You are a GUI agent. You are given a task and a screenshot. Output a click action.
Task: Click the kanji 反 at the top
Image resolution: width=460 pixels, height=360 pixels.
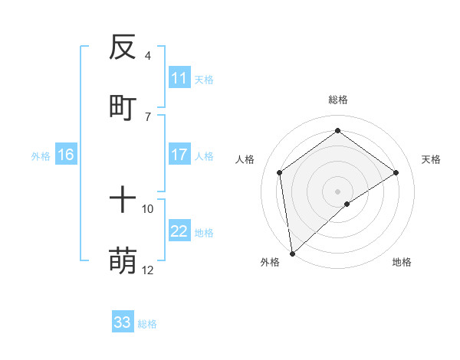[x=123, y=49]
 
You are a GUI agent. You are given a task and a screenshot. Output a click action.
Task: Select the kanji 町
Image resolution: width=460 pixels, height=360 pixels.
[x=123, y=108]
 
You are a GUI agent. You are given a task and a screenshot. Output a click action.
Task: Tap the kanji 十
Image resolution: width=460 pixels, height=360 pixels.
[x=123, y=201]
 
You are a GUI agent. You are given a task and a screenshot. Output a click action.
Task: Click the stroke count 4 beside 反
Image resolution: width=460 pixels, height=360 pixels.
[x=147, y=56]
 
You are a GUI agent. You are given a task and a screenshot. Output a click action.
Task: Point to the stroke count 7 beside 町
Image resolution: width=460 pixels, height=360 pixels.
[x=147, y=116]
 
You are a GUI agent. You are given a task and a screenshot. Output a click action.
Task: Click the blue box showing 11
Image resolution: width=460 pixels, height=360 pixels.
[x=179, y=78]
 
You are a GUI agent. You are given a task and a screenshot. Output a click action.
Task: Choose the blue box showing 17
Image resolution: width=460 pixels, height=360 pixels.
[x=179, y=155]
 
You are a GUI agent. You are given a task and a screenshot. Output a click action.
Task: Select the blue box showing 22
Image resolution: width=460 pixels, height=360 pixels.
[x=179, y=231]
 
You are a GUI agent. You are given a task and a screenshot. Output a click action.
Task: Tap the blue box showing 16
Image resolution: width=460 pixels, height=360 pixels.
[x=66, y=155]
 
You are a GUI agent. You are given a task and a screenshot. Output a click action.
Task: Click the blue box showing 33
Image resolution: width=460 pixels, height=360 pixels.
[x=123, y=322]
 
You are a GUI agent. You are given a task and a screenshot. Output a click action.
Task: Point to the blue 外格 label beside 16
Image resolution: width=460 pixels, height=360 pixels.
[x=41, y=155]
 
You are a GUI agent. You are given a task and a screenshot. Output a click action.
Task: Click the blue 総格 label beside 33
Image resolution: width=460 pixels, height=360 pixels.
[x=147, y=324]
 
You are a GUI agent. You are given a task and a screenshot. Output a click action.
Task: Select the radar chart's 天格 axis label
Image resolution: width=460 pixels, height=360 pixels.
[x=431, y=159]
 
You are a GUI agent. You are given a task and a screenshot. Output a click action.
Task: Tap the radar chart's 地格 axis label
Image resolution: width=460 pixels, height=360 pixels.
[x=402, y=262]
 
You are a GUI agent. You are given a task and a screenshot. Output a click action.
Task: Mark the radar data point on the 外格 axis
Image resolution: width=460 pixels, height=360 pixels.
[x=291, y=253]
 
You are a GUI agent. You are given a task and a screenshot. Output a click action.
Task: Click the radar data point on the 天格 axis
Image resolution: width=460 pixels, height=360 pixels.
[x=396, y=172]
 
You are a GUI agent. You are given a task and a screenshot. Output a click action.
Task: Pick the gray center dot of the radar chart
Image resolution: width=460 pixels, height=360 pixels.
[x=337, y=190]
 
